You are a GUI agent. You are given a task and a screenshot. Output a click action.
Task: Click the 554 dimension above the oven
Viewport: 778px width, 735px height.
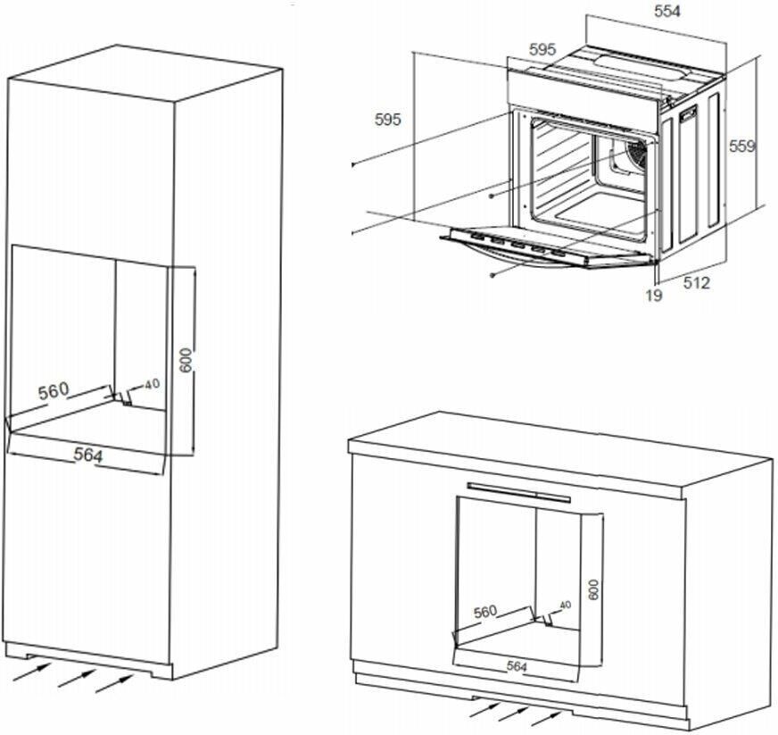pos(667,12)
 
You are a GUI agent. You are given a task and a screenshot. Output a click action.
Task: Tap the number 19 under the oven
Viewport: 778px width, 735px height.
pos(654,295)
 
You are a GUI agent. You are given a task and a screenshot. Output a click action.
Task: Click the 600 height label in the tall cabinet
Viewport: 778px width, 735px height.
pos(186,359)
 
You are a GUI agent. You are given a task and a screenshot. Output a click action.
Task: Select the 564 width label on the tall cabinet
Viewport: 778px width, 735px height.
pos(87,455)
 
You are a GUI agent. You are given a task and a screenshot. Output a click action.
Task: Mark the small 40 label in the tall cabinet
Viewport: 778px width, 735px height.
pos(152,384)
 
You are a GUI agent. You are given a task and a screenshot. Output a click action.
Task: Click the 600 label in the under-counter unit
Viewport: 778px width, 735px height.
pos(593,589)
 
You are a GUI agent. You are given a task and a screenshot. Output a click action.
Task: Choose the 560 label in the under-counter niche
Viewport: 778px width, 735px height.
pos(485,612)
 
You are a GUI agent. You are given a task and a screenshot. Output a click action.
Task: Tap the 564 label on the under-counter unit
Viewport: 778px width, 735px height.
pos(517,666)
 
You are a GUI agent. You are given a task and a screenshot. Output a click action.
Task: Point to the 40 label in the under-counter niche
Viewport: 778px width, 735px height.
pos(564,606)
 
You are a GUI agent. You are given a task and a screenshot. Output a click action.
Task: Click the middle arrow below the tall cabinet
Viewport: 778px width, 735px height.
pos(76,675)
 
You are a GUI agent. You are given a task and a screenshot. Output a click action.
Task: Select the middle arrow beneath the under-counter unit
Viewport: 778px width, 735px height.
pos(514,711)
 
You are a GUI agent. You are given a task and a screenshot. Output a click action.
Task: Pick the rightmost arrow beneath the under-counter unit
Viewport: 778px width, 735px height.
pos(547,713)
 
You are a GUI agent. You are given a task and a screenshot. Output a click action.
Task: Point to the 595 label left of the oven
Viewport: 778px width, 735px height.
pos(388,120)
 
